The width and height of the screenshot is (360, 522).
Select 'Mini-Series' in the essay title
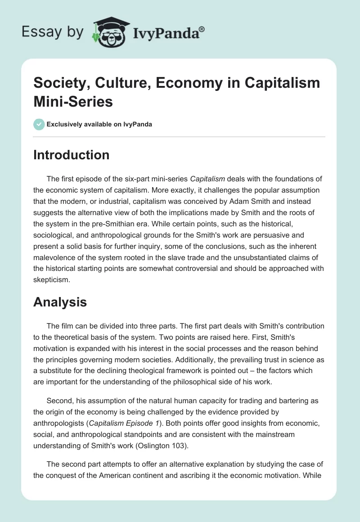(x=73, y=102)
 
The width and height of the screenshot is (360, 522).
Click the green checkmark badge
(x=39, y=124)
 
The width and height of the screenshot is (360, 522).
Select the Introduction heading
(x=71, y=155)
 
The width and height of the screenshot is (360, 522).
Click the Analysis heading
(x=60, y=302)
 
